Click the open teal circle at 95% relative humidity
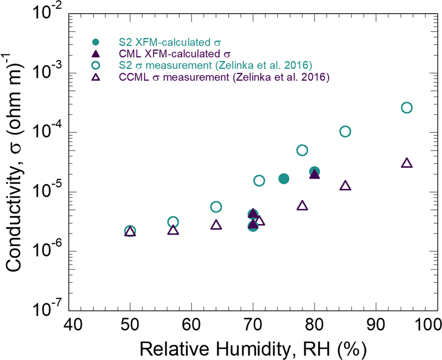point(406,108)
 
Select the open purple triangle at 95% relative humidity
point(406,163)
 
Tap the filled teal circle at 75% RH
point(284,178)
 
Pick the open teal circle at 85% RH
point(345,131)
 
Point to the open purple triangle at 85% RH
point(345,186)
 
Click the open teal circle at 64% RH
point(216,207)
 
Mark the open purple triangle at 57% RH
point(173,230)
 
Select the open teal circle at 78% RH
point(302,150)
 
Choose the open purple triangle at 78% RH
point(302,206)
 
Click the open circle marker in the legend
point(95,66)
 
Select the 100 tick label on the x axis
point(431,324)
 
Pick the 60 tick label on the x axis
point(191,324)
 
